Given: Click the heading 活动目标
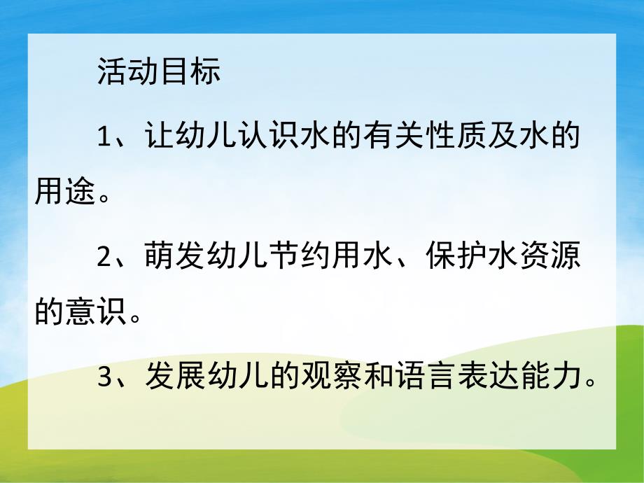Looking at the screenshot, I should [159, 72].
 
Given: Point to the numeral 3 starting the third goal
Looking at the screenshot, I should [104, 378].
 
